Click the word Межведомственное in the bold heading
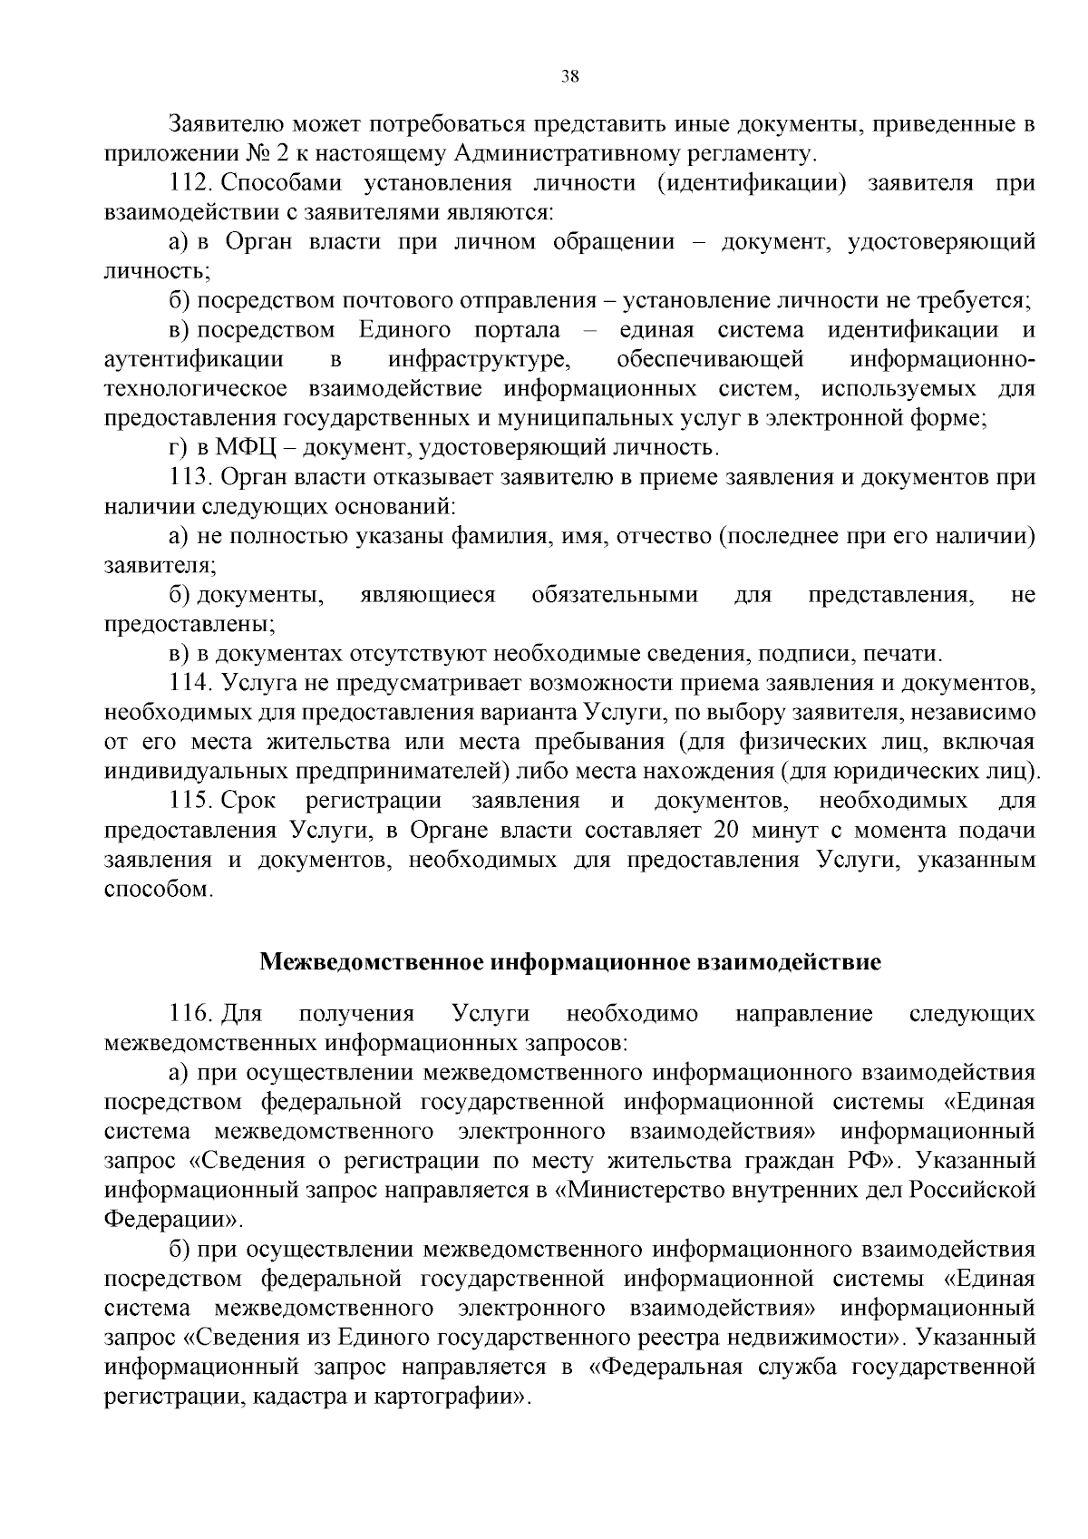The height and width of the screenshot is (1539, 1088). [373, 961]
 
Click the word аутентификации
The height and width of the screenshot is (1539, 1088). [194, 359]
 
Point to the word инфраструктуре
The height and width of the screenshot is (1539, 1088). [480, 359]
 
